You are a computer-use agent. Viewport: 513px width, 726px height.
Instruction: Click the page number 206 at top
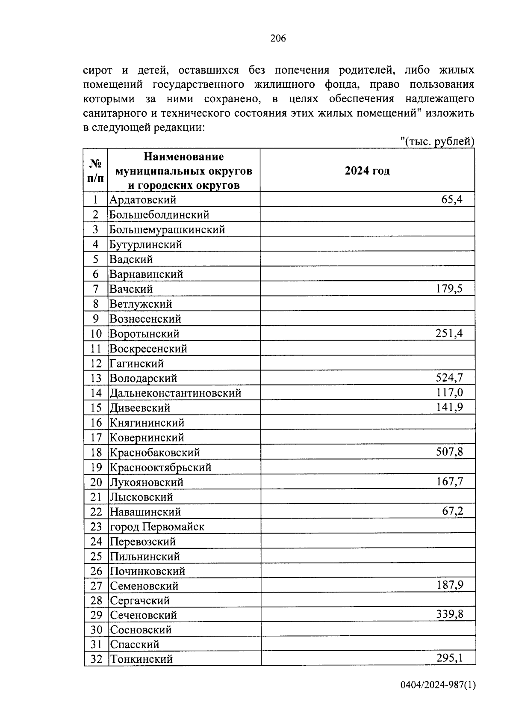point(278,39)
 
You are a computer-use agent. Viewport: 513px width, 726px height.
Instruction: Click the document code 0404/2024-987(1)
point(438,685)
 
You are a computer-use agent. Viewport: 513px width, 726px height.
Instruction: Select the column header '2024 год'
point(367,171)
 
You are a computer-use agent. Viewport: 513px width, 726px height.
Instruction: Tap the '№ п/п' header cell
point(96,171)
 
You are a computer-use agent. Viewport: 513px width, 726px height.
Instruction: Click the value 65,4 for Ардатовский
point(452,199)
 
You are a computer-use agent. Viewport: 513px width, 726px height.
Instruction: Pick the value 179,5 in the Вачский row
point(449,288)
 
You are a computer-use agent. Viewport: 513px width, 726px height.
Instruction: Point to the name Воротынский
point(144,334)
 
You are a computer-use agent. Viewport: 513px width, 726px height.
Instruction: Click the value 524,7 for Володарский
point(449,378)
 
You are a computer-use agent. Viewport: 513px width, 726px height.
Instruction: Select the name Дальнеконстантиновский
point(175,393)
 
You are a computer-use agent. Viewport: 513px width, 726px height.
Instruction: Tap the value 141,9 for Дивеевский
point(449,407)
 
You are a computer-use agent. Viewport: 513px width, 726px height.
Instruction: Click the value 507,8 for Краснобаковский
point(449,452)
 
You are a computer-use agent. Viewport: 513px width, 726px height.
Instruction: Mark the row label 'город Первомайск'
point(157,527)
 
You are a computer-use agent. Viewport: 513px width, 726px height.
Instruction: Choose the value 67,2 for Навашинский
point(452,511)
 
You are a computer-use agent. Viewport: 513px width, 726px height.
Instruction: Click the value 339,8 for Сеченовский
point(449,615)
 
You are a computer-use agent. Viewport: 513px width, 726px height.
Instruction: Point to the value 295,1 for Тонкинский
point(449,658)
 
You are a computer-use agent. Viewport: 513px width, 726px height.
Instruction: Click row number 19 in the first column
point(96,467)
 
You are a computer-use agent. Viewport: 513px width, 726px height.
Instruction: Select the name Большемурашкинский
point(167,230)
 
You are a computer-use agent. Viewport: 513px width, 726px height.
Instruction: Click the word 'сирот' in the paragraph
point(97,70)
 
